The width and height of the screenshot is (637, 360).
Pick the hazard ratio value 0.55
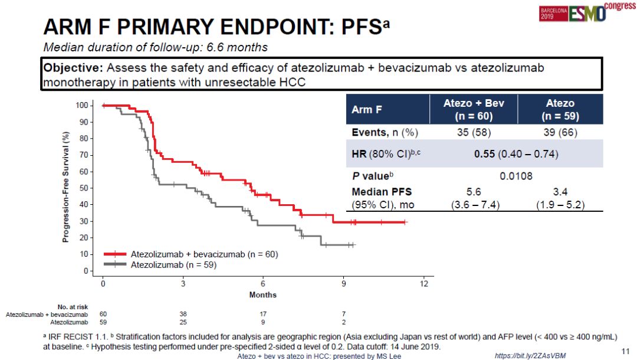[484, 154]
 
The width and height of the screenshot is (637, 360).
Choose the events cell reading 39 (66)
[560, 132]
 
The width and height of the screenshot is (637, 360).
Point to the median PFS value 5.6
[474, 192]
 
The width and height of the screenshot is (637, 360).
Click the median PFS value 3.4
[560, 192]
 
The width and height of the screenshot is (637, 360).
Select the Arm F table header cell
[365, 110]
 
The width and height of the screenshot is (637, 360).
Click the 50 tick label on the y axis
[84, 188]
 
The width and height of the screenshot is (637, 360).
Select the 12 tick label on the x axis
[423, 283]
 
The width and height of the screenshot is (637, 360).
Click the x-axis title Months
[262, 294]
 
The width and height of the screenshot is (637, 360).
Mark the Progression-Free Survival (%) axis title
[66, 186]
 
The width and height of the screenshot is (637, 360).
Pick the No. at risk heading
[73, 307]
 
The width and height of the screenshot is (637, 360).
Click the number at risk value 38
[183, 315]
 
